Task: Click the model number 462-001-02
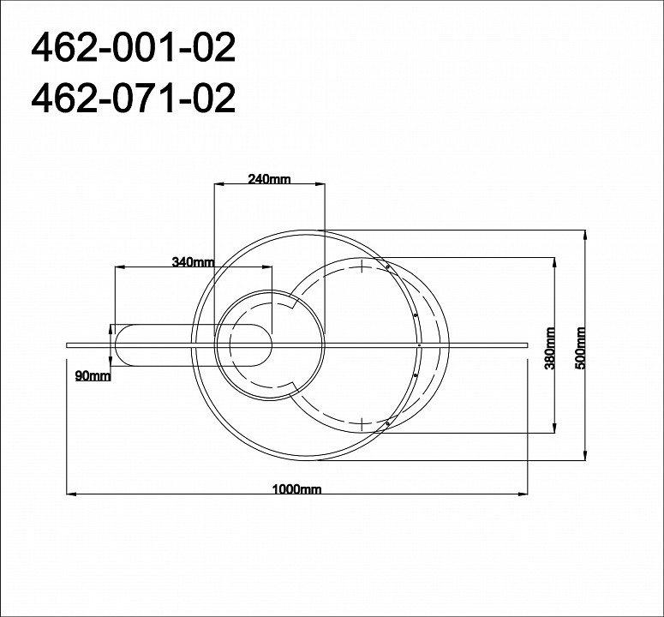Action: [133, 49]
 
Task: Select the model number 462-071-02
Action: [133, 99]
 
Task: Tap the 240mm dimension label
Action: [269, 179]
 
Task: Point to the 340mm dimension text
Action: [193, 262]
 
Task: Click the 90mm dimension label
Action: [92, 376]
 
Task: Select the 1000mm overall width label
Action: [296, 489]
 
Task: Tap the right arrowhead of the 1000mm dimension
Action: [523, 494]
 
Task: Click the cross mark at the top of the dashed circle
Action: [363, 267]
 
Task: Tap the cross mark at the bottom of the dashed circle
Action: [363, 422]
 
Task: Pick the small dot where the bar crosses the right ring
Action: [419, 344]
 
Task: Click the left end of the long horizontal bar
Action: [69, 344]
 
